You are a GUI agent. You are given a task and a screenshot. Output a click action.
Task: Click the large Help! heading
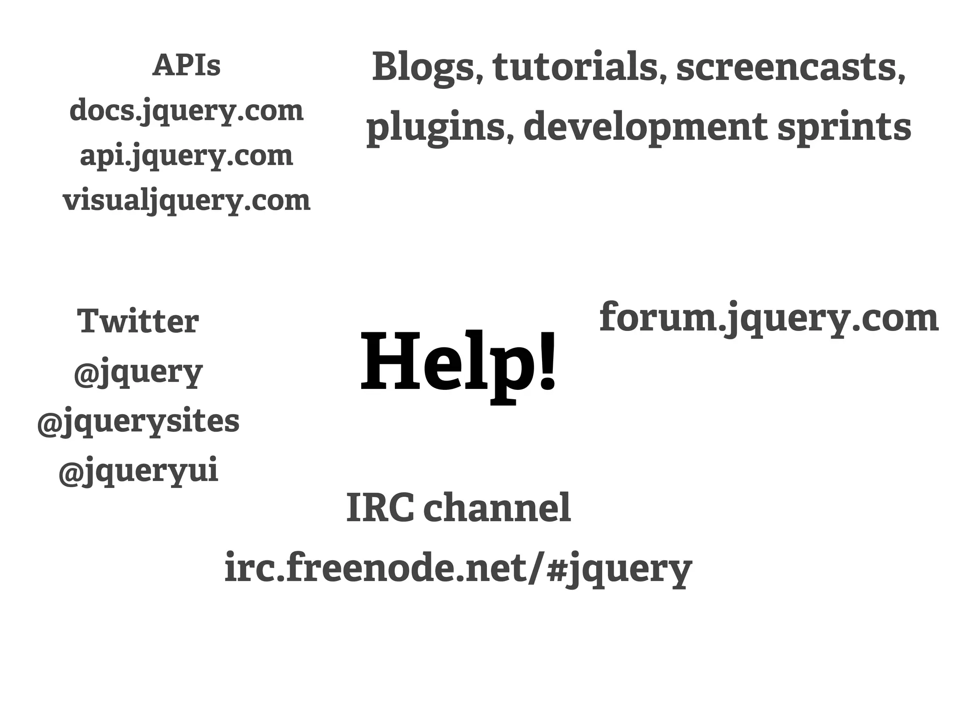click(458, 362)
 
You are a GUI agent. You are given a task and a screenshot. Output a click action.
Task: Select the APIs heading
click(186, 65)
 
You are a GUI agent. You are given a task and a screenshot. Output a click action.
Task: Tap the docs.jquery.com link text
click(186, 111)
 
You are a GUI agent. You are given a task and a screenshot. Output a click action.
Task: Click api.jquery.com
click(186, 156)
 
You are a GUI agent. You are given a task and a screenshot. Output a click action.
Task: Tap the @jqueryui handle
click(138, 471)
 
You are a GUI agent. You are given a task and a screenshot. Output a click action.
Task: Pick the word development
click(645, 128)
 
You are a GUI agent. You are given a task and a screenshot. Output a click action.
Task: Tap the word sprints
click(844, 128)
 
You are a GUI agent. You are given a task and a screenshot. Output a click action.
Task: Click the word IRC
click(380, 508)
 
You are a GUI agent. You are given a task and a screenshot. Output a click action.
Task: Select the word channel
click(497, 508)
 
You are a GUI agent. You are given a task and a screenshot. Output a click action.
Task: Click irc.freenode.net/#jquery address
click(458, 568)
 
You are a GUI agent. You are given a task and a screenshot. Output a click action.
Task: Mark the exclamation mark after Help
click(547, 360)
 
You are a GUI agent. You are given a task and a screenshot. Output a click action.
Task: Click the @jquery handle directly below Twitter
click(138, 372)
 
